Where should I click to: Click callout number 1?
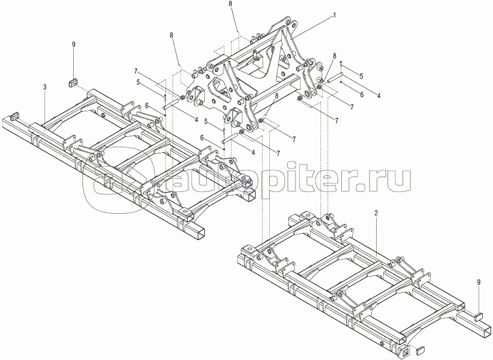335,15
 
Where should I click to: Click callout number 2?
376,213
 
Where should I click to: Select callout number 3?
45,87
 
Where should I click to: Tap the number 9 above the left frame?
74,45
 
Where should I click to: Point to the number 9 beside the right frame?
479,283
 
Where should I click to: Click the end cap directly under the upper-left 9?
73,83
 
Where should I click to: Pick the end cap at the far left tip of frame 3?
14,117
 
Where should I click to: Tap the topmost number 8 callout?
230,4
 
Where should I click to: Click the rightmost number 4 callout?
379,96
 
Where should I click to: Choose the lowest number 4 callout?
253,152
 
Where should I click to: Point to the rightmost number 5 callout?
361,76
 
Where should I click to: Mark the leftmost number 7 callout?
136,71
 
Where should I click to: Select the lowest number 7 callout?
278,154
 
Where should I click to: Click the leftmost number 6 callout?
146,106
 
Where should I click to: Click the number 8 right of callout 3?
171,35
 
